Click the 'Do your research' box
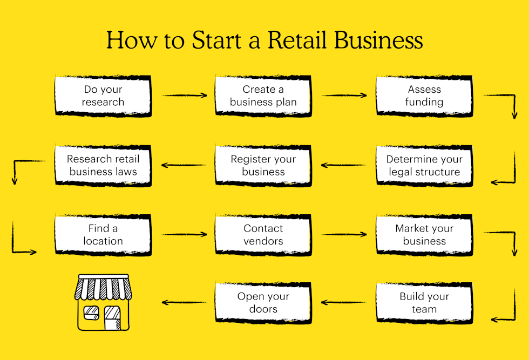click(x=103, y=96)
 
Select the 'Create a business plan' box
click(x=263, y=96)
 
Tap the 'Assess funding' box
click(x=424, y=96)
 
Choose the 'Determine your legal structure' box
click(x=424, y=166)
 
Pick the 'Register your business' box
click(x=263, y=166)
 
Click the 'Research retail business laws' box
click(x=103, y=166)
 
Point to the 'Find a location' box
click(x=103, y=235)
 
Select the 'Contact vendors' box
click(x=263, y=235)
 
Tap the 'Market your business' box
click(x=424, y=235)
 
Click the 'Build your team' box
click(x=424, y=303)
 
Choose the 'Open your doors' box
click(x=263, y=303)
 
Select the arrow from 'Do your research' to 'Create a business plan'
click(x=185, y=96)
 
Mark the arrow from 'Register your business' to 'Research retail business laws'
click(x=185, y=165)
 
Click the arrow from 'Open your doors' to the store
click(x=185, y=303)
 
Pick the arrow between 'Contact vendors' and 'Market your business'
click(x=344, y=235)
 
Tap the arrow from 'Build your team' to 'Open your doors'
click(x=344, y=303)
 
